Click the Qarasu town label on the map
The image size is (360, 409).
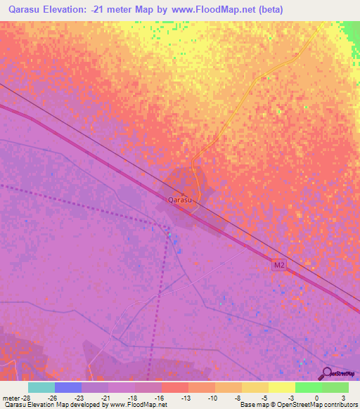[x=180, y=200]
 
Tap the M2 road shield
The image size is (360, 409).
[x=279, y=264]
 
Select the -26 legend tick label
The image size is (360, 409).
[x=52, y=397]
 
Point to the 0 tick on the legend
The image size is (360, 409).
[x=318, y=397]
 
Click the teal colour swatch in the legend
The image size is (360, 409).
[x=41, y=387]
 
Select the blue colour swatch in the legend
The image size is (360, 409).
[x=68, y=387]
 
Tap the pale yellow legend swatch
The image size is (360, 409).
[x=282, y=387]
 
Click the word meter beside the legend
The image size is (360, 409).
[x=10, y=397]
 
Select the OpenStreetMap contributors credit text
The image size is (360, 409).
[x=316, y=405]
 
